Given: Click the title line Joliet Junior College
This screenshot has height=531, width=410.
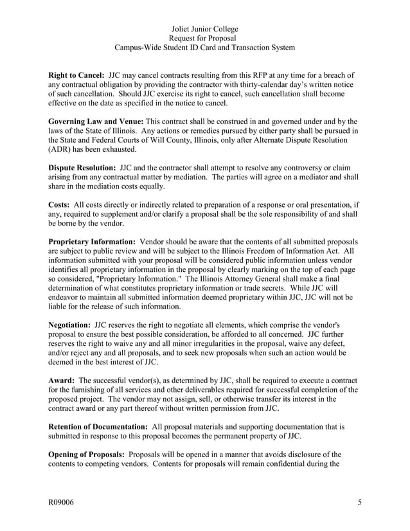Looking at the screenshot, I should point(205,29).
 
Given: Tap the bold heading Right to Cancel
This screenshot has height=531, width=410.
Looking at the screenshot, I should point(76,75).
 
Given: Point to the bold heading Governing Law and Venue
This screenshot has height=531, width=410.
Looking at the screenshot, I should point(96,122).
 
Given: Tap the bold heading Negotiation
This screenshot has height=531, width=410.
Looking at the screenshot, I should point(70,325).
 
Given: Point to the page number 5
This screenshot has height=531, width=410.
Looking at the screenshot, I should point(359,503).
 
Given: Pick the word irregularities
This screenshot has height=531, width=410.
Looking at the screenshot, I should point(207,344).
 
